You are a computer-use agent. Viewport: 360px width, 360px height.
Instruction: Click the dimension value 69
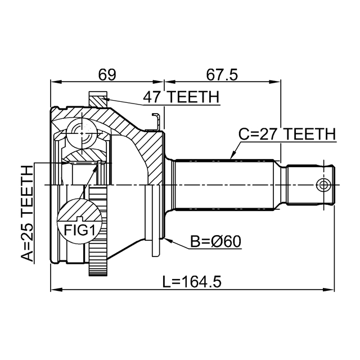tap(107, 74)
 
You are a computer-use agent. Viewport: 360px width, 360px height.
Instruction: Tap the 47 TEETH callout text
tap(181, 97)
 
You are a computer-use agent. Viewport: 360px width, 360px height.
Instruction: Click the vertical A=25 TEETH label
tap(27, 214)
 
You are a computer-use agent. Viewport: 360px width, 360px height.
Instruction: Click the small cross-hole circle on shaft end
tap(323, 184)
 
